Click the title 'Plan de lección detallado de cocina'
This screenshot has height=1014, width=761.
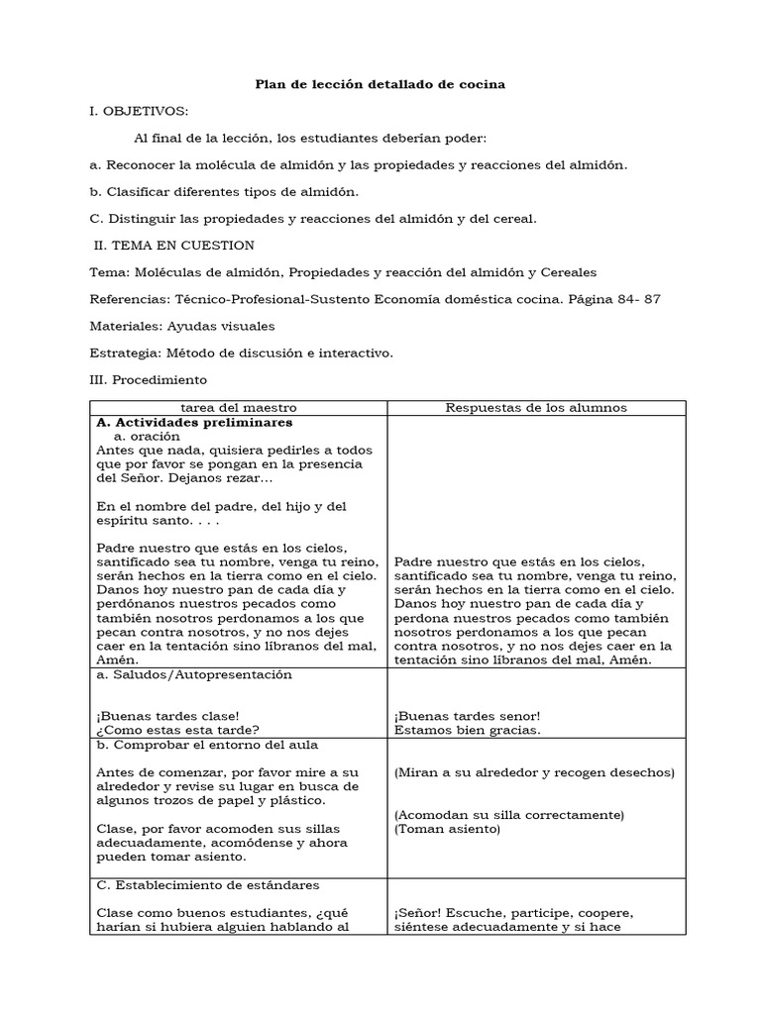click(380, 85)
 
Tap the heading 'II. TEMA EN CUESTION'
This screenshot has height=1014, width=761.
click(174, 246)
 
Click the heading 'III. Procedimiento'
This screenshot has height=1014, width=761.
click(149, 379)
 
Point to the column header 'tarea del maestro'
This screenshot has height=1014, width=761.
click(238, 408)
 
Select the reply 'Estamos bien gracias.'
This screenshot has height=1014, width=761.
click(468, 731)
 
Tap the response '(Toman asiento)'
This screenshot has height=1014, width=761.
click(447, 829)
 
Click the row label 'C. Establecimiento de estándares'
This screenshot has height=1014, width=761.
click(208, 885)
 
